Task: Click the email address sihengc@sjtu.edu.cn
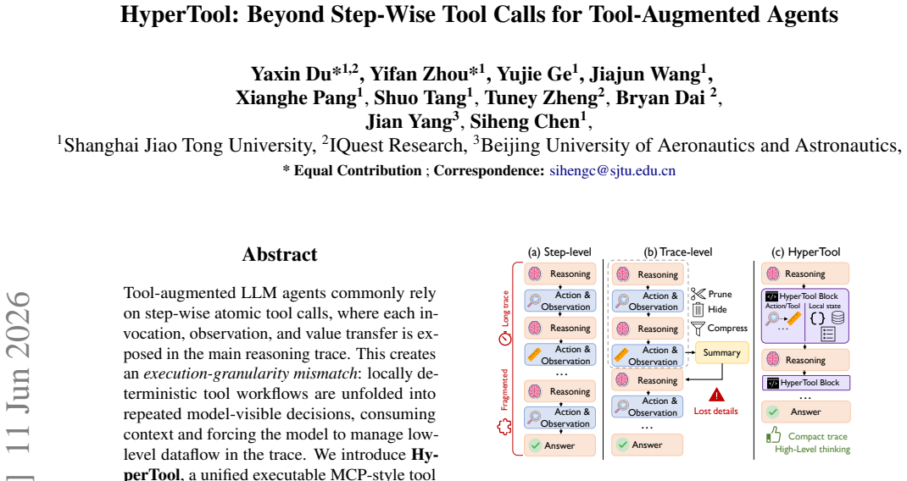click(613, 171)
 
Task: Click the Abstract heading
click(280, 254)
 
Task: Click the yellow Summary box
click(721, 352)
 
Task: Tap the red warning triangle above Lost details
click(716, 395)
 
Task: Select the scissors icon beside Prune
click(698, 294)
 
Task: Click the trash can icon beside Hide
click(698, 309)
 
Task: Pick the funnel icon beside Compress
click(698, 329)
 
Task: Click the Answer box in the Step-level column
click(560, 445)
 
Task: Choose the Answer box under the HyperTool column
click(806, 412)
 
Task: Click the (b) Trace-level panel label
click(678, 252)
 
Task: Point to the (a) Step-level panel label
click(559, 252)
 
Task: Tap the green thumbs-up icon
click(773, 434)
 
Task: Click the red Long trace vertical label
click(505, 309)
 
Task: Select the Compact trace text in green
click(817, 436)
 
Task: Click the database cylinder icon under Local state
click(837, 318)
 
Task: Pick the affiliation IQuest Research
click(394, 146)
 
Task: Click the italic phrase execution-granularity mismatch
click(250, 374)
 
